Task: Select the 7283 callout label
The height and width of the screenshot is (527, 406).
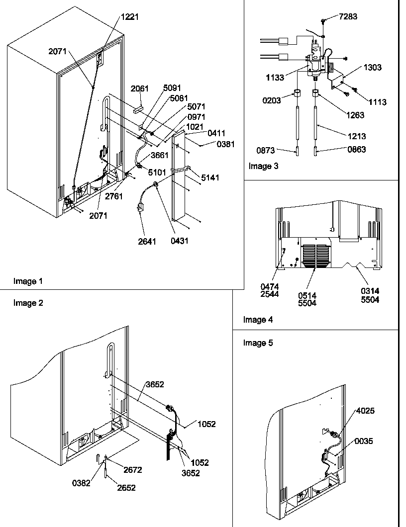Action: [x=348, y=17]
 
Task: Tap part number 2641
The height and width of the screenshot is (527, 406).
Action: [x=147, y=242]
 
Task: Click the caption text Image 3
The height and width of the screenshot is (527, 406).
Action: [x=264, y=167]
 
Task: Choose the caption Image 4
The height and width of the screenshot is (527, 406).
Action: [x=258, y=320]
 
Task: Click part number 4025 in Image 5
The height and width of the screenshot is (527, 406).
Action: [x=365, y=411]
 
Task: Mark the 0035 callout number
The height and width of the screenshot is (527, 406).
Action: [x=364, y=441]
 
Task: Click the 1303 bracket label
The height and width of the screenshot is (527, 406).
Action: [x=373, y=68]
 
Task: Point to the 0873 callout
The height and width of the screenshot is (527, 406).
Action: [x=266, y=150]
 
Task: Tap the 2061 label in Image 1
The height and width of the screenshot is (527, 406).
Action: [x=140, y=89]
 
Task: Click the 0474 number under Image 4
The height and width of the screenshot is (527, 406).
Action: [x=270, y=287]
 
